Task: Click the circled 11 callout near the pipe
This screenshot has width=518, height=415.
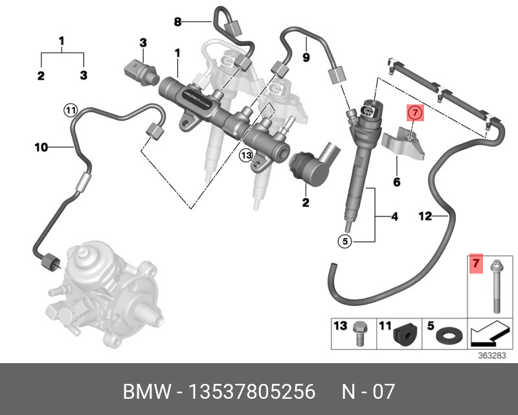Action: click(70, 110)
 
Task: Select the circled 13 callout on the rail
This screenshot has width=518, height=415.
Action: click(245, 155)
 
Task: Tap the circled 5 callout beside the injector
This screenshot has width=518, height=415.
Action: click(346, 241)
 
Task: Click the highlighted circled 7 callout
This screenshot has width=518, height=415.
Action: click(415, 113)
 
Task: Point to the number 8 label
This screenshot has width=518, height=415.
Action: click(178, 21)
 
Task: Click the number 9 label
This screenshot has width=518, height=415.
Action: click(306, 57)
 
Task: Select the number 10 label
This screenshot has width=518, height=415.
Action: click(41, 148)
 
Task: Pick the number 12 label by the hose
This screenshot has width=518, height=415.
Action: click(425, 217)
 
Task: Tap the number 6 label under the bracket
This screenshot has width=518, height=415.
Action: click(397, 182)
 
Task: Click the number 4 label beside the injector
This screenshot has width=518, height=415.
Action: click(394, 217)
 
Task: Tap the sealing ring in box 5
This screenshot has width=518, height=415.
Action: click(447, 336)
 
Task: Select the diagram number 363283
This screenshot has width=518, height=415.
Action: click(491, 355)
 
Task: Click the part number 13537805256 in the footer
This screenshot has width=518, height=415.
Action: click(251, 392)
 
